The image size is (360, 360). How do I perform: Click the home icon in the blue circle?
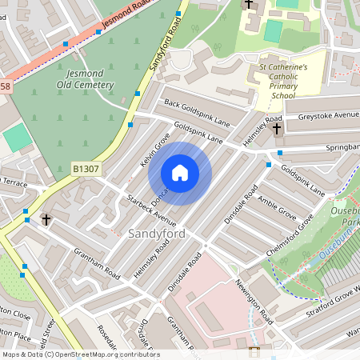pyautogui.click(x=180, y=172)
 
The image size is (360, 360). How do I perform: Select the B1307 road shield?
pyautogui.click(x=86, y=170)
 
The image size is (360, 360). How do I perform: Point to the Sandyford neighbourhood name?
pyautogui.click(x=157, y=233)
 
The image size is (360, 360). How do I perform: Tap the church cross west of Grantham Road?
pyautogui.click(x=46, y=218)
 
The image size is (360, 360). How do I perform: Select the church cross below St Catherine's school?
pyautogui.click(x=277, y=128)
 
